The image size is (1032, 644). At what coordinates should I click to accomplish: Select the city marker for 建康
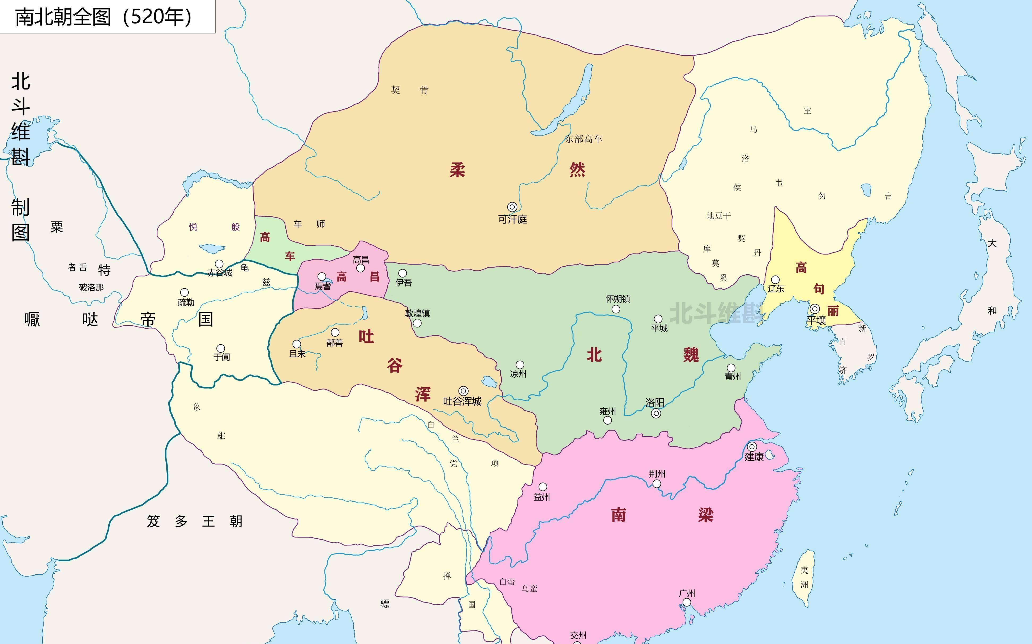pos(752,447)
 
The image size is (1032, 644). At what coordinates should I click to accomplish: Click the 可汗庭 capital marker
pos(512,207)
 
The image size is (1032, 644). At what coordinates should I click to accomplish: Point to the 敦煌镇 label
pos(417,313)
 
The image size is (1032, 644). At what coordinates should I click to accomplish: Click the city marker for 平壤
pos(815,309)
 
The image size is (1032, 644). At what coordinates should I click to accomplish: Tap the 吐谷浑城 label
pos(462,401)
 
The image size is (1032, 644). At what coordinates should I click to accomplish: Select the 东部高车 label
pos(583,139)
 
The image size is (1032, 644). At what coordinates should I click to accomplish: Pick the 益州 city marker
pos(543,487)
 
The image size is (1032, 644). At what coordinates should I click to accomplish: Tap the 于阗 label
pos(222,357)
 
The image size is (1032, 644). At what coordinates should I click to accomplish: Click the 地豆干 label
pos(719,216)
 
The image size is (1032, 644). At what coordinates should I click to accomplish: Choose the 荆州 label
pos(657,474)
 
